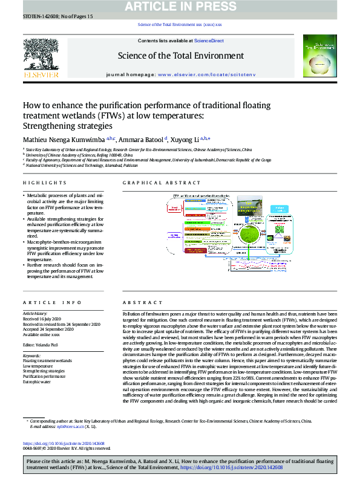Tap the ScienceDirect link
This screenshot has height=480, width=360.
click(x=209, y=40)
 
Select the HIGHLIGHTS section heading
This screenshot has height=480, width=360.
click(x=44, y=183)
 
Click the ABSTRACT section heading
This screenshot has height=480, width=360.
click(x=137, y=302)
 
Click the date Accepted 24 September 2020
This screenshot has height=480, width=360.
click(x=53, y=328)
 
